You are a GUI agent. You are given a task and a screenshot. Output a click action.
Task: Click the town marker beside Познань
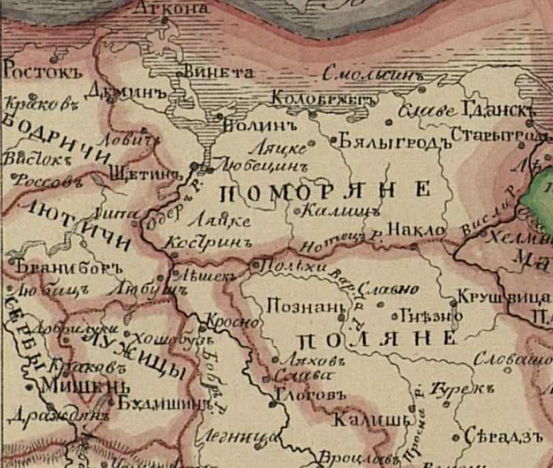pos(340,316)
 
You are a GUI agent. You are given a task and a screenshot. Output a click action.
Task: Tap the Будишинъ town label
pos(162,403)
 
